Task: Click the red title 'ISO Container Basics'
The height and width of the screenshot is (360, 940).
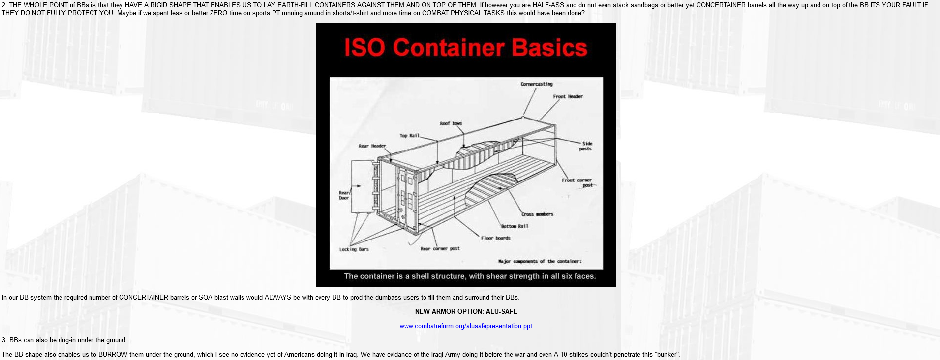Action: pos(465,48)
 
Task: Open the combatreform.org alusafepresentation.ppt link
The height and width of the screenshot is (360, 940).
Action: pos(466,326)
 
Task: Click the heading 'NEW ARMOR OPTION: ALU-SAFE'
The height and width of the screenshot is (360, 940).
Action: pos(466,311)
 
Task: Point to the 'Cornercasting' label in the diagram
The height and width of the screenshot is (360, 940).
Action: pos(537,84)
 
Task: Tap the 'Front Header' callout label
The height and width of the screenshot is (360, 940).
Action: pos(568,96)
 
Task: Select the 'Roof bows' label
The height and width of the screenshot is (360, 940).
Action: pos(451,123)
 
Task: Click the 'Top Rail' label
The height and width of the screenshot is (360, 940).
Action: pos(409,135)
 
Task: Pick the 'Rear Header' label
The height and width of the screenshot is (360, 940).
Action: pos(372,146)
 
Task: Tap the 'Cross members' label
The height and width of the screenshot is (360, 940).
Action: pos(537,214)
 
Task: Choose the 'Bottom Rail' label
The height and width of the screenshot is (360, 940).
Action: pos(515,226)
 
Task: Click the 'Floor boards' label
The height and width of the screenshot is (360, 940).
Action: pos(495,238)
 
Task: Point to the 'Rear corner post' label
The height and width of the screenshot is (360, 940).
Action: pos(440,248)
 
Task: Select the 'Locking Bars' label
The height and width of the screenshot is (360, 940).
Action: pos(354,249)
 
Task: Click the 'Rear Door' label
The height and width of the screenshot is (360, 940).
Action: pos(344,195)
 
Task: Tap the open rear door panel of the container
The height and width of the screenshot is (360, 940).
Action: pos(363,186)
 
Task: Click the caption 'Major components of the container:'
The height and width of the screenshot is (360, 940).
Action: pos(540,261)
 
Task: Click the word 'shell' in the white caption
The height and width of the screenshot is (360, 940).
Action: pos(419,276)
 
